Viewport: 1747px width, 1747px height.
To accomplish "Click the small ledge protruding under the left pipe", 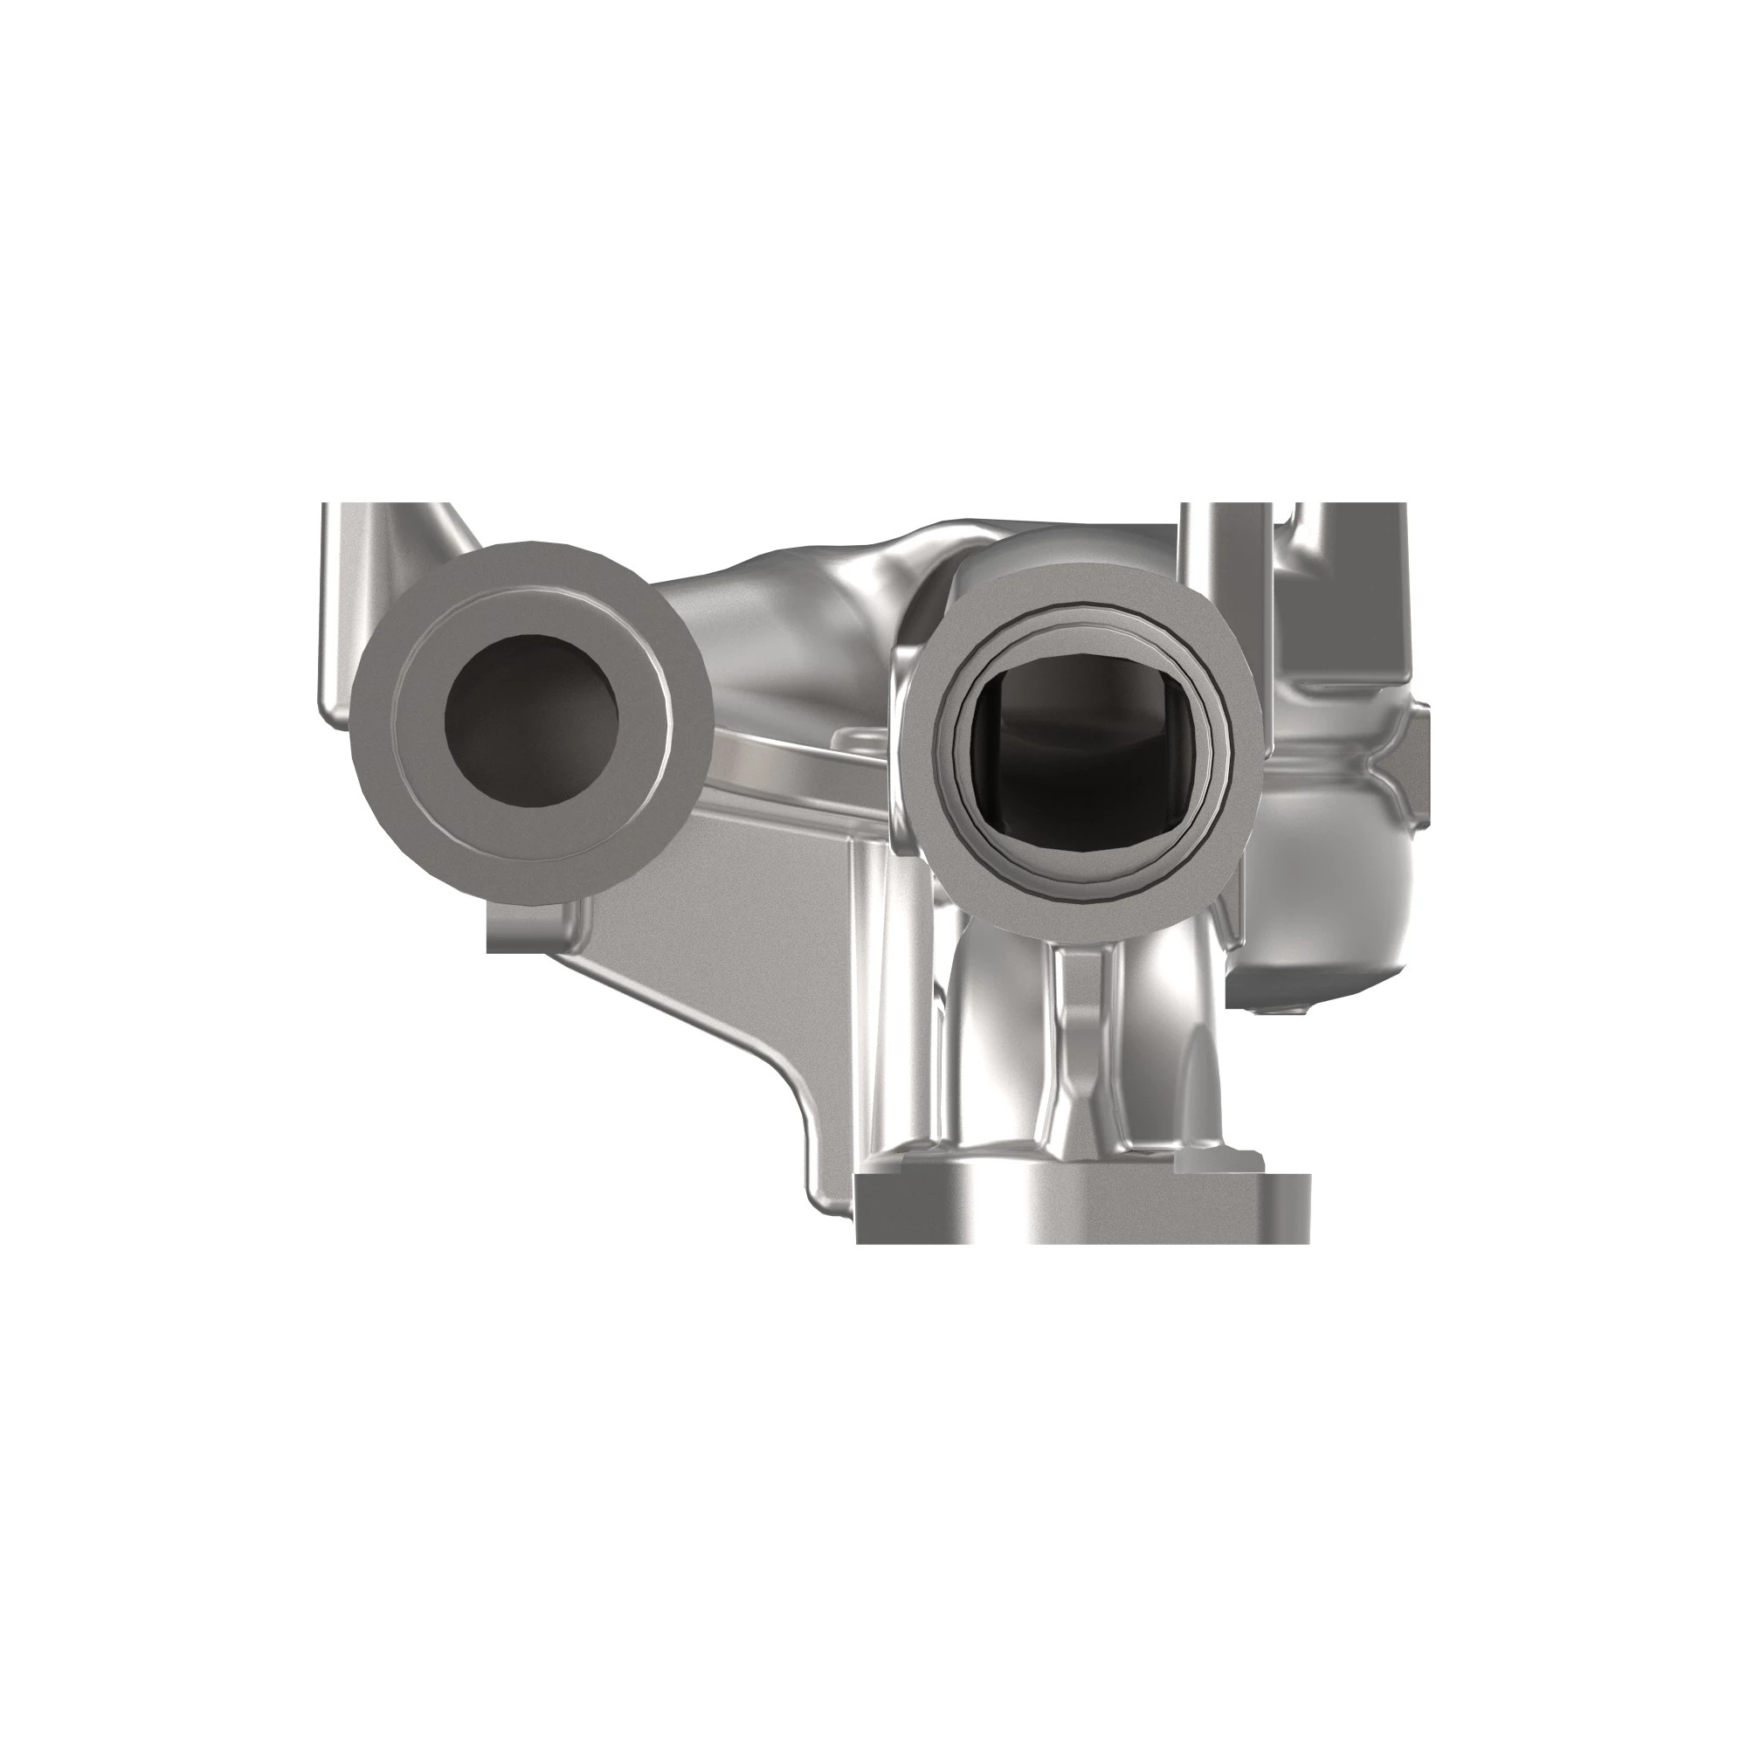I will click(524, 931).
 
